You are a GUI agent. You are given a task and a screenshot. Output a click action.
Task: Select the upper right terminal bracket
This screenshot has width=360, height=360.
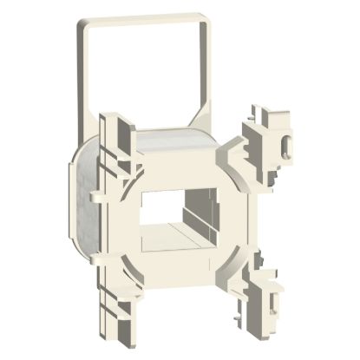click(268, 139)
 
